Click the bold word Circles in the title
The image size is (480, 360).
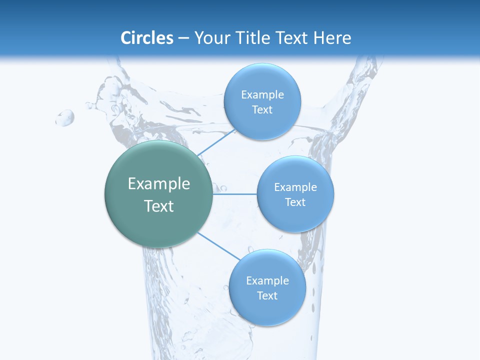coord(147,38)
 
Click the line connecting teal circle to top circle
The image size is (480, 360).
coord(216,142)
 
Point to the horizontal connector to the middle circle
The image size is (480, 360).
coord(235,194)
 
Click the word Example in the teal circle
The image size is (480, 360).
coord(159,184)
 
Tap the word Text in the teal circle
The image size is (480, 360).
coord(159,206)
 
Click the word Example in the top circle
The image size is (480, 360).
coord(262,95)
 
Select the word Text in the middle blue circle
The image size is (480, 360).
coord(295,202)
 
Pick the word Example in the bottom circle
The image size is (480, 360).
coord(267,281)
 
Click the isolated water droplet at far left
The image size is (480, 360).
coord(65,118)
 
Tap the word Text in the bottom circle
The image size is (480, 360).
coord(267,296)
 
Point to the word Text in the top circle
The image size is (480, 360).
coord(262,110)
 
